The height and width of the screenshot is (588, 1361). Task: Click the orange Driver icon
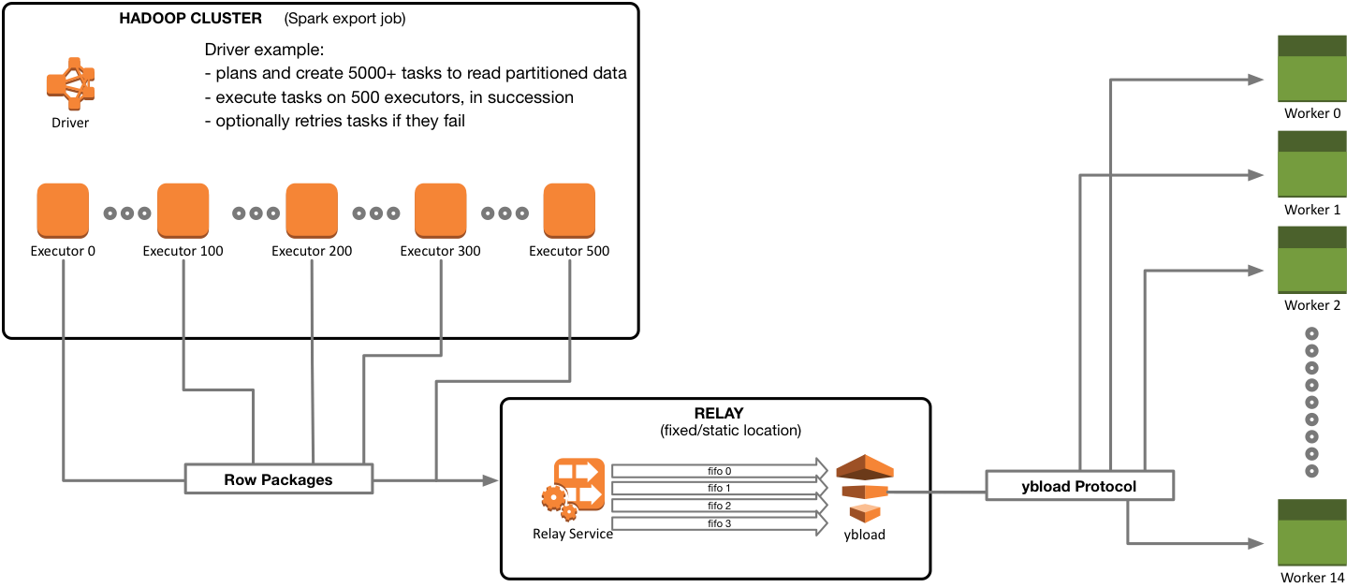point(70,83)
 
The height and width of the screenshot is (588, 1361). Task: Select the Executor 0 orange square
point(63,211)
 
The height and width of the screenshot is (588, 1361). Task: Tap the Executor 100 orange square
point(183,211)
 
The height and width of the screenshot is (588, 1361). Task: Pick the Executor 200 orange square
point(312,211)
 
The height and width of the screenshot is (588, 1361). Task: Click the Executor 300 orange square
point(440,211)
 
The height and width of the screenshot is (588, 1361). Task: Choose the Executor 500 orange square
point(569,211)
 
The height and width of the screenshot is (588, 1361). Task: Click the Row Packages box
point(278,479)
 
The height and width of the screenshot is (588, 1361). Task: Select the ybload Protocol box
point(1078,486)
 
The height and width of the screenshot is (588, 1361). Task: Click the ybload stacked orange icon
point(864,488)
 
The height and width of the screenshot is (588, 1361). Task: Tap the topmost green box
point(1312,68)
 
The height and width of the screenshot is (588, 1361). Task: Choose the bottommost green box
point(1312,532)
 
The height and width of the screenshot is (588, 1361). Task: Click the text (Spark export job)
point(345,19)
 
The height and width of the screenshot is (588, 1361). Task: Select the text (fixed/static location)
point(716,431)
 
